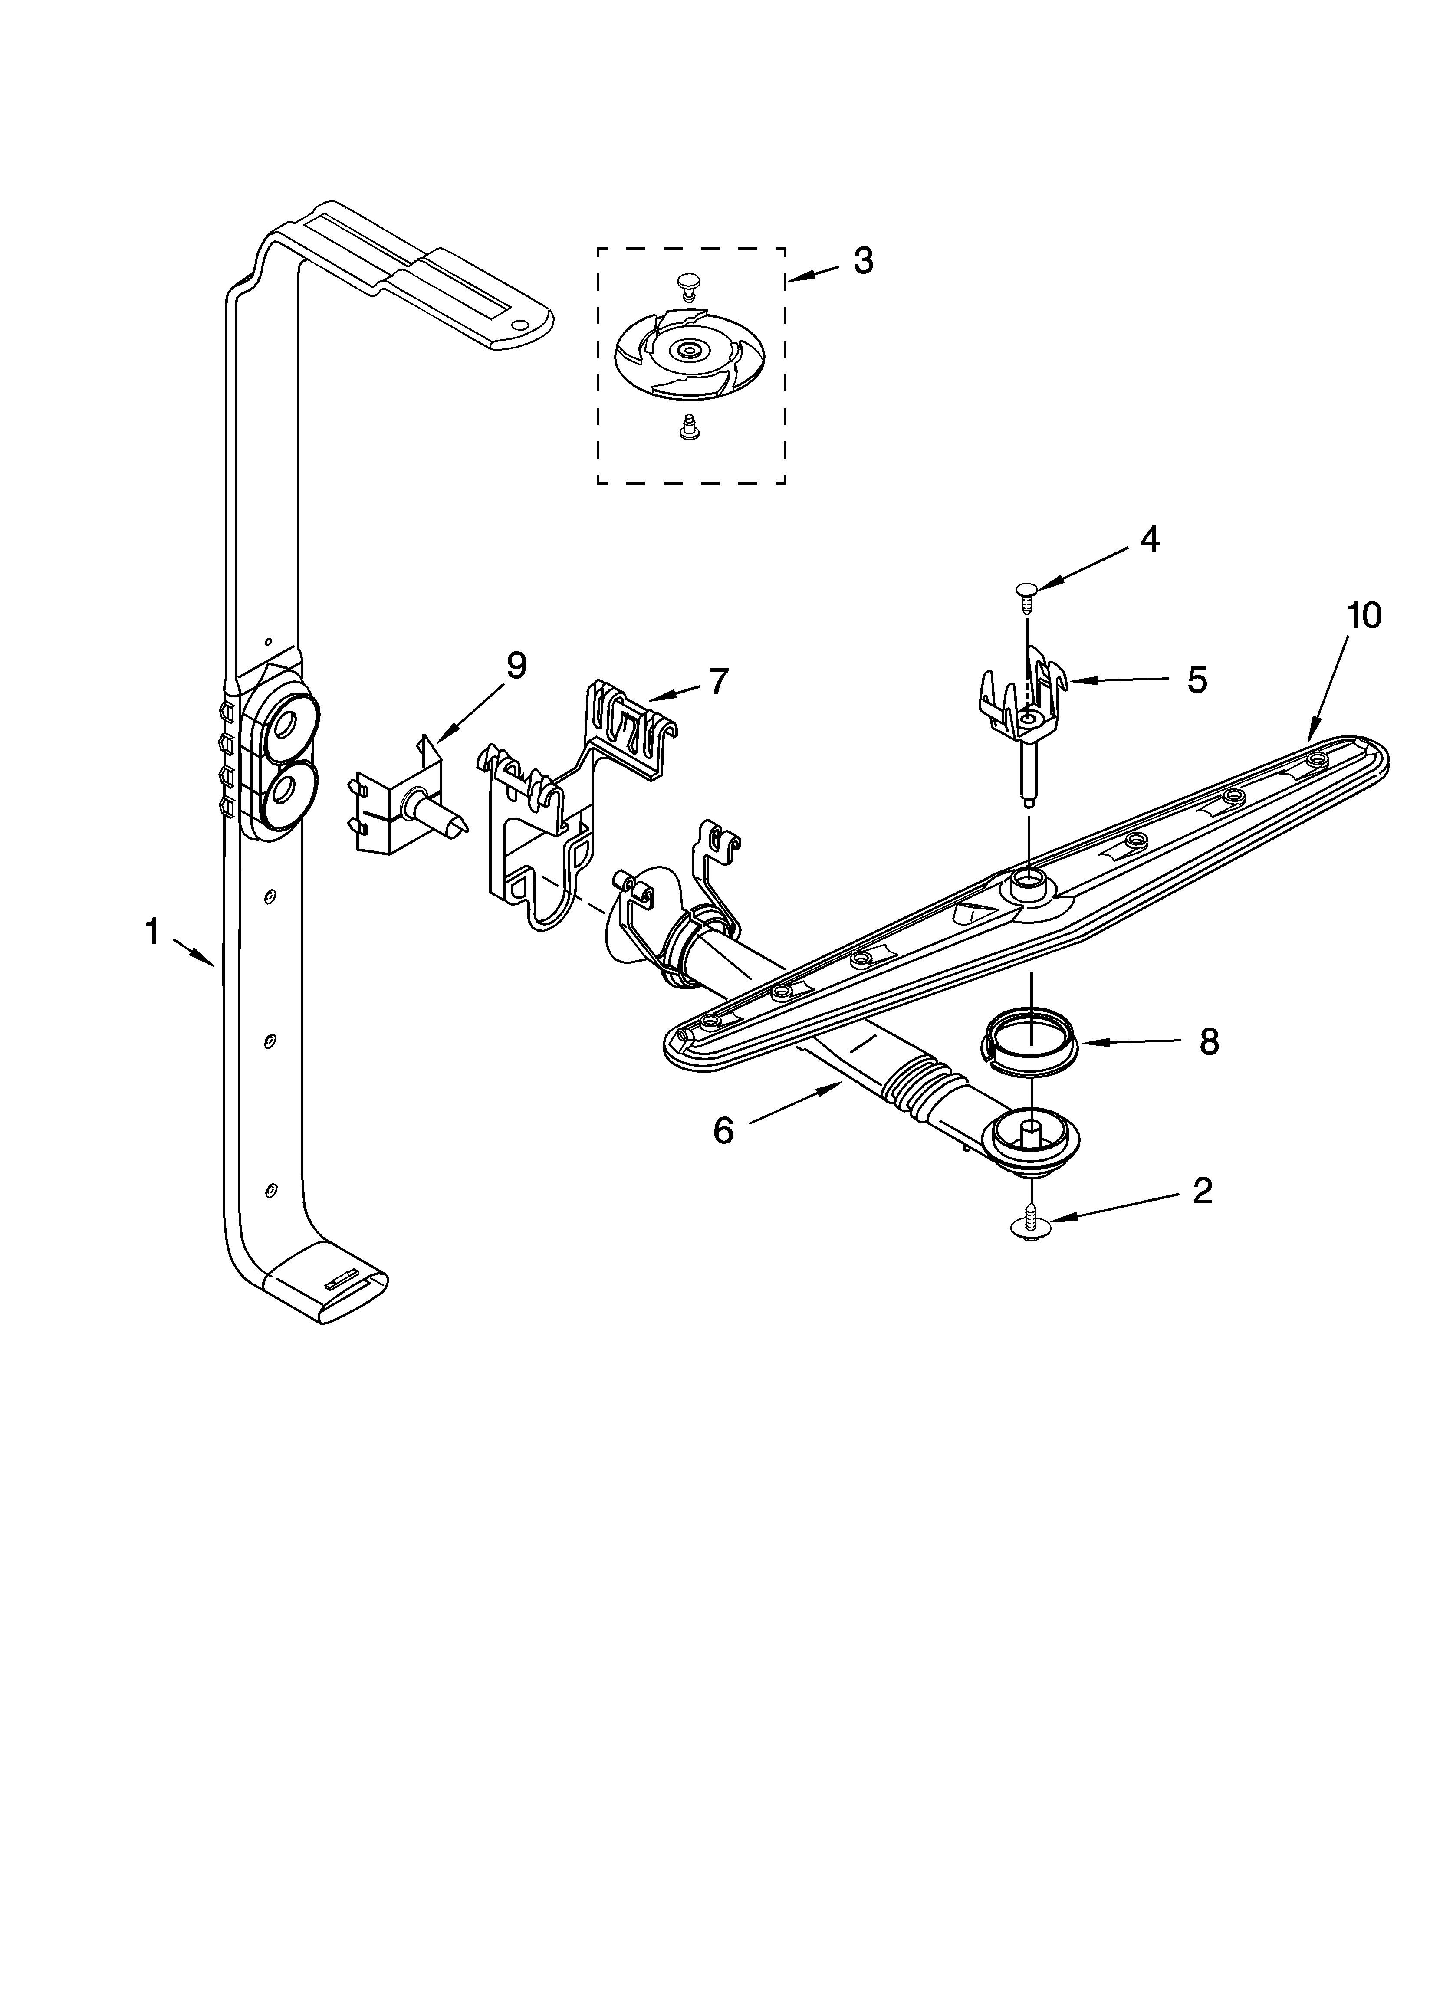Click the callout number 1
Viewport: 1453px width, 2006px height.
pos(152,931)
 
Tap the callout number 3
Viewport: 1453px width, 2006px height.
pos(863,260)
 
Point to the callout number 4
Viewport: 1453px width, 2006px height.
pos(1149,538)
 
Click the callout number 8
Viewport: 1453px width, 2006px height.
pos(1209,1042)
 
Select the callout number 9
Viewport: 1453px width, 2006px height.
pos(516,665)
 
